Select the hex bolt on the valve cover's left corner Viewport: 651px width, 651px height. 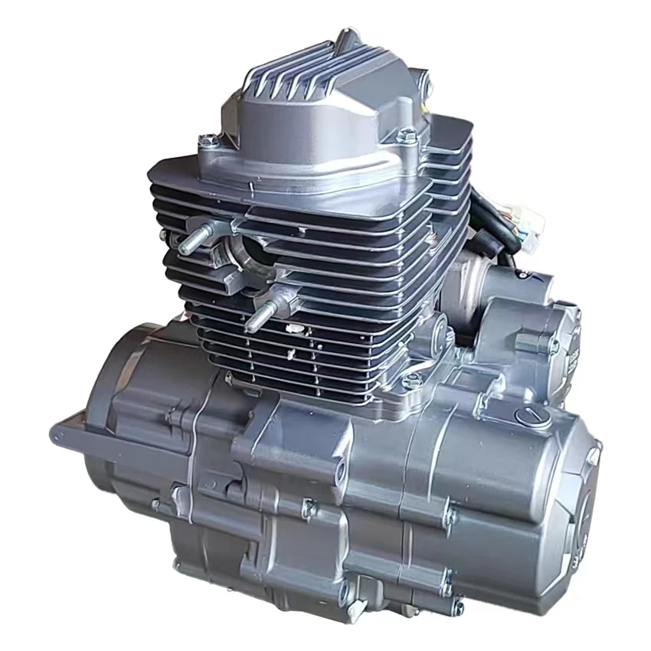point(207,141)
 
